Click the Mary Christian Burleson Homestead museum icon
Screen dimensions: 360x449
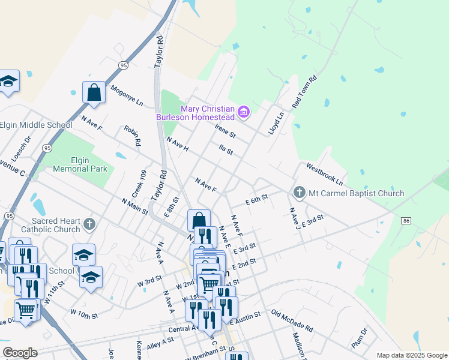click(x=244, y=112)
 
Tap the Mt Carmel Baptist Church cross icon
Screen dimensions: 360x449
click(x=299, y=193)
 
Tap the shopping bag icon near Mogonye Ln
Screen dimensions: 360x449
click(x=94, y=93)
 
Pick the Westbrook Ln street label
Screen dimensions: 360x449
click(x=324, y=173)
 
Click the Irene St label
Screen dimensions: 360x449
click(x=226, y=130)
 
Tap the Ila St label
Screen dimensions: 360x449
click(x=226, y=148)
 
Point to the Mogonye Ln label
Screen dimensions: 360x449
click(x=127, y=95)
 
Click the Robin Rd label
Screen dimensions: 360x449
click(x=132, y=136)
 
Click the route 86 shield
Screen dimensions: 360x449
click(x=406, y=221)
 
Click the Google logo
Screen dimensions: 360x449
click(x=20, y=353)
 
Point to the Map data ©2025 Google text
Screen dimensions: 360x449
click(x=411, y=355)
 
